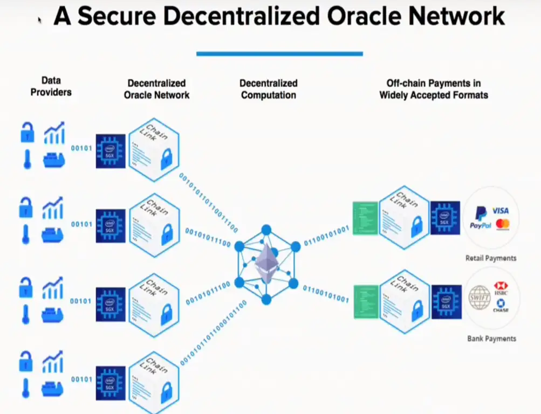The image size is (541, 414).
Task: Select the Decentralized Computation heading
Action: pyautogui.click(x=269, y=89)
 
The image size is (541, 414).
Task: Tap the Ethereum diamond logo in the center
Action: pyautogui.click(x=266, y=263)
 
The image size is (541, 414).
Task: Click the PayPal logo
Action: pyautogui.click(x=480, y=218)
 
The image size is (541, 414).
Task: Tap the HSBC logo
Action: pyautogui.click(x=500, y=289)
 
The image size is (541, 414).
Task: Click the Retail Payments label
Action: pyautogui.click(x=491, y=258)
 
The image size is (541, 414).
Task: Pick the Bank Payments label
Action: pyautogui.click(x=491, y=339)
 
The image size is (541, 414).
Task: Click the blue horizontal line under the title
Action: pyautogui.click(x=279, y=53)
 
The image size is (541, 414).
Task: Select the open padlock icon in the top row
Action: pyautogui.click(x=27, y=133)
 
